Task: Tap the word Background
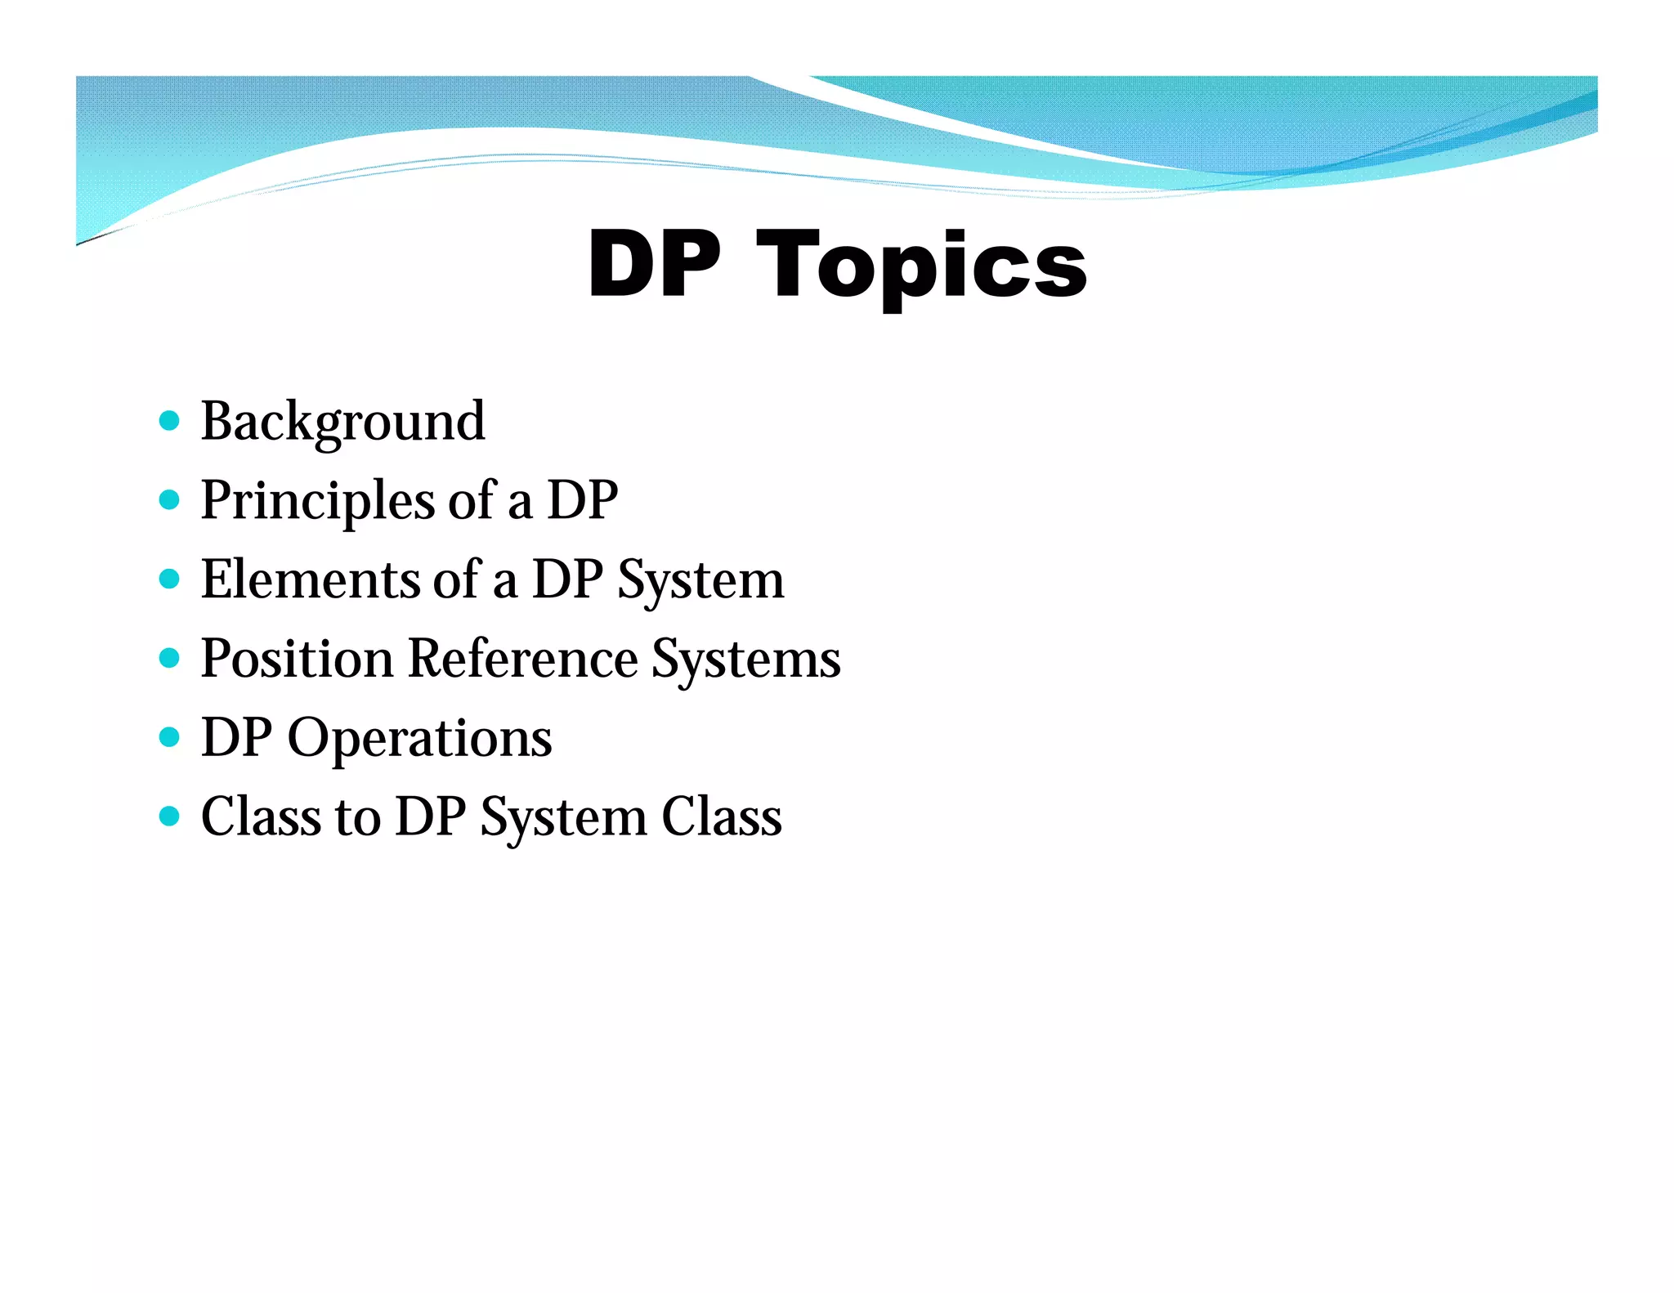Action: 342,422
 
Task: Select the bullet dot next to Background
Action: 169,421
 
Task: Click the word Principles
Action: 317,500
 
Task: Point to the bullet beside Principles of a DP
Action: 169,499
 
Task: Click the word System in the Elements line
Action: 700,580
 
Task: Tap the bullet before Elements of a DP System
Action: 169,579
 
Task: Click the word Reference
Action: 522,658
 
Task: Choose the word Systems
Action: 745,660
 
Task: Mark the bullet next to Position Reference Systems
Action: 169,658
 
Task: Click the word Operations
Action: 419,738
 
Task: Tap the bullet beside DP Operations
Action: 169,737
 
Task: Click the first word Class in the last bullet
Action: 261,816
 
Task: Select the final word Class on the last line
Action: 721,816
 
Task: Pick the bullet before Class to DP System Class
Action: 169,816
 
